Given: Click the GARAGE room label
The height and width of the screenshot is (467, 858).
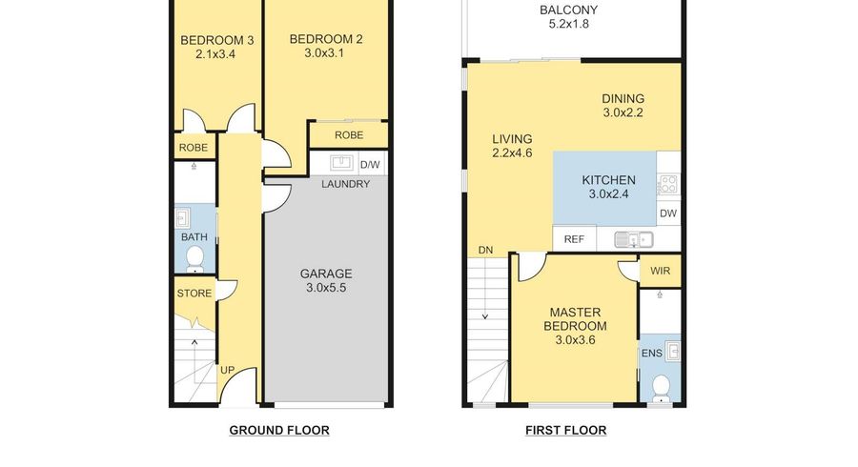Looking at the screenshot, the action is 326,274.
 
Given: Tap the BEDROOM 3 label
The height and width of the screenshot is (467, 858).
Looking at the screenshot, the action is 216,40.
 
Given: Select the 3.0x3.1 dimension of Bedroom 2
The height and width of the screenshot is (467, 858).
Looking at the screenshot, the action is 325,53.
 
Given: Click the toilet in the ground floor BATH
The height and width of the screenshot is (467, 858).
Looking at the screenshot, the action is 194,258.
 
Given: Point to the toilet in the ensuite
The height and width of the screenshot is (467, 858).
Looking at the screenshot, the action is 661,388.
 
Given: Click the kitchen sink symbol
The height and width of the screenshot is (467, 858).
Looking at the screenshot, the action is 634,239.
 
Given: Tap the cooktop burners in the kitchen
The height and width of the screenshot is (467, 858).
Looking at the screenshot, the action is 668,184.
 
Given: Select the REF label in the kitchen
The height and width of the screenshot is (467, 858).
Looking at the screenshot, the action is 574,239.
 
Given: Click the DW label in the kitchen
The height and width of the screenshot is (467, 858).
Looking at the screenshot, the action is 668,213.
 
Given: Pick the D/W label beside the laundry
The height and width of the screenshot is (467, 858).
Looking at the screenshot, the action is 370,165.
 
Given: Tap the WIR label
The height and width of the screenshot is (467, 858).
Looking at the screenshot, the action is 661,271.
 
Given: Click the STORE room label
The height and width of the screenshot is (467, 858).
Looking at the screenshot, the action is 194,294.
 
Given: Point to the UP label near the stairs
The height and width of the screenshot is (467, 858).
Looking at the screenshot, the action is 227,370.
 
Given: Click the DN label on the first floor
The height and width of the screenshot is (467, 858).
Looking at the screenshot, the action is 485,251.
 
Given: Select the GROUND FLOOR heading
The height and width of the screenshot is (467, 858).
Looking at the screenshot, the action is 279,431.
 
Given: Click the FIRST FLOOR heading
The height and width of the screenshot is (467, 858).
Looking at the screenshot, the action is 565,431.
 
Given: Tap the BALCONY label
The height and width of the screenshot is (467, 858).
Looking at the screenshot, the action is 568,10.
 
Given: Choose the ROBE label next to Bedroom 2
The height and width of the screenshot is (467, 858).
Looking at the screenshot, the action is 349,135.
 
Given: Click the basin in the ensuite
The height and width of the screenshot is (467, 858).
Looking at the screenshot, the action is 673,351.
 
